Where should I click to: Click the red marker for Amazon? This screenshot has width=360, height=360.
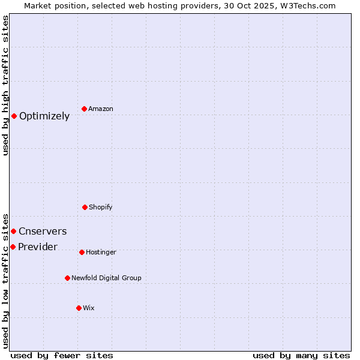coord(85,109)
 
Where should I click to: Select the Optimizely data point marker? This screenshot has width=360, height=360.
coord(14,116)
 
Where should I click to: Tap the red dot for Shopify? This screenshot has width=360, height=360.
coord(85,207)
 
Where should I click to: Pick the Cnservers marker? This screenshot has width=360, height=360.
coord(13,231)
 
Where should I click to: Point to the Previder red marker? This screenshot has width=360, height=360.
coord(13,247)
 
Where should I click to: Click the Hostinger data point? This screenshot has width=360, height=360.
coord(82,252)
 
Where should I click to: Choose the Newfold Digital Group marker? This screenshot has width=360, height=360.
coord(67,278)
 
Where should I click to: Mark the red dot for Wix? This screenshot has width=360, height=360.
coord(79,308)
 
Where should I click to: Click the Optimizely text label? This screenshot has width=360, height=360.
coord(44,116)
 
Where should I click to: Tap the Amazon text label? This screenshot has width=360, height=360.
coord(101,109)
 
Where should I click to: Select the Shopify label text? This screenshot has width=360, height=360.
coord(101,208)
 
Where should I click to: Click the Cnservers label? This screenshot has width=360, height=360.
coord(43,232)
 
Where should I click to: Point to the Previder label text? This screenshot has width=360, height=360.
coord(38,247)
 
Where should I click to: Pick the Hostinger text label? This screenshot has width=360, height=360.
coord(101,253)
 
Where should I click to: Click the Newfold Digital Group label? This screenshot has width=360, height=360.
coord(106,278)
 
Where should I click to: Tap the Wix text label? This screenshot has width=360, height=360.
coord(89,308)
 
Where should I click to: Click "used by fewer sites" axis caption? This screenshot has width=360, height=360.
coord(62,355)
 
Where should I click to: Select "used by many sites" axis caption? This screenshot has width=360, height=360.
coord(301,355)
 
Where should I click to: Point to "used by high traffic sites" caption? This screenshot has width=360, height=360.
coord(6,85)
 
